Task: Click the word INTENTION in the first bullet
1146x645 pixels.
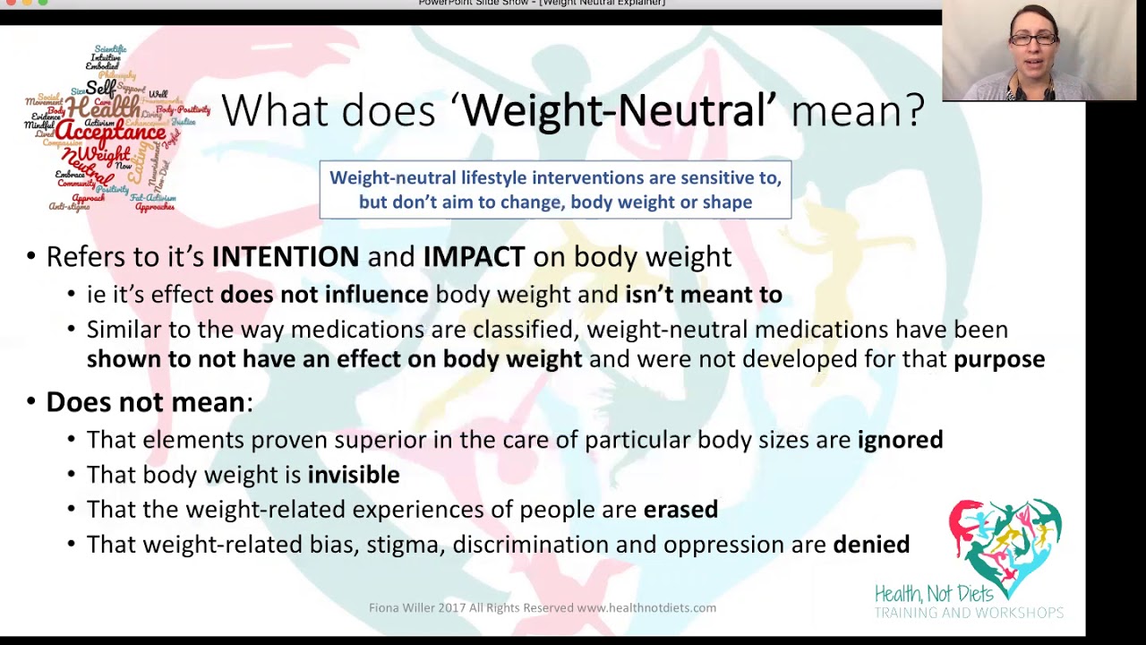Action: coord(285,257)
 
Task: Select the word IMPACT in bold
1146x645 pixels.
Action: coord(474,257)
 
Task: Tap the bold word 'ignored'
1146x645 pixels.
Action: coord(900,440)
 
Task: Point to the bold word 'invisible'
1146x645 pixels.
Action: coord(354,475)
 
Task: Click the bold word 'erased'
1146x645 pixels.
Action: coord(680,510)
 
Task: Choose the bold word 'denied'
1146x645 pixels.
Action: coord(871,545)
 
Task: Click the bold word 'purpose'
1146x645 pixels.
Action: coord(999,359)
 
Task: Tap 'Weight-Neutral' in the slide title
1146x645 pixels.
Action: coord(613,111)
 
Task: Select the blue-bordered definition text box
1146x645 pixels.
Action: coord(555,190)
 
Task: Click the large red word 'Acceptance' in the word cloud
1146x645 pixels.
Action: coord(110,133)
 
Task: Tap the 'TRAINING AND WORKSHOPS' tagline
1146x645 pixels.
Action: coord(969,614)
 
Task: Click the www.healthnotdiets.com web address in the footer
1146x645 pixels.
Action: coord(646,608)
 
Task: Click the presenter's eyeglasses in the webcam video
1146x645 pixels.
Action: coord(1033,39)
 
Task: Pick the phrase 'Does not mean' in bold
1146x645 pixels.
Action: coord(145,402)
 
